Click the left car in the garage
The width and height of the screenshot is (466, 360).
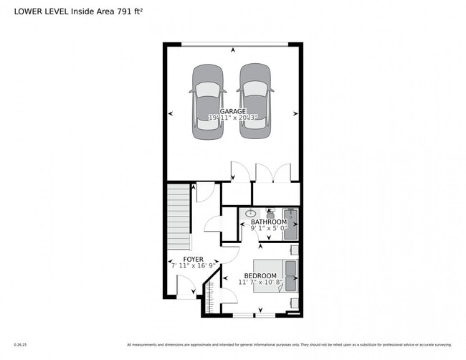click(207, 101)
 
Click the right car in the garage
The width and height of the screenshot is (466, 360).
click(256, 101)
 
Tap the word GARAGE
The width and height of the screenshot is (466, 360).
click(233, 111)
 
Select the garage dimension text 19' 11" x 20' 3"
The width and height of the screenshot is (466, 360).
click(233, 118)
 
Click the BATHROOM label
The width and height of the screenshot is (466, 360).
click(269, 222)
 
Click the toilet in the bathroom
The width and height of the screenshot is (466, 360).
click(270, 214)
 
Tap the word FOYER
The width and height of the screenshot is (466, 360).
click(193, 259)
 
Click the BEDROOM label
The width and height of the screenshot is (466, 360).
click(260, 276)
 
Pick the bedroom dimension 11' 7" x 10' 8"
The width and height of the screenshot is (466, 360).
click(260, 283)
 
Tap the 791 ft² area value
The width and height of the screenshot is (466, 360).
click(127, 11)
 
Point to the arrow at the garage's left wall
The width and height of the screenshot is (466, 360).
click(170, 113)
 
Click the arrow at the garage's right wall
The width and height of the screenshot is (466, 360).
click(295, 113)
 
